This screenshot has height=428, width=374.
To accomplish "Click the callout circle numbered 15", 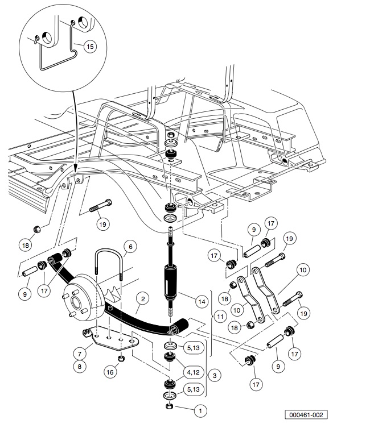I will point(89,47).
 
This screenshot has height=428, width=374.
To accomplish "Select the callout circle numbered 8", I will point(80,367).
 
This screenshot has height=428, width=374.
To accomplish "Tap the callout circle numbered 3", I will point(213,376).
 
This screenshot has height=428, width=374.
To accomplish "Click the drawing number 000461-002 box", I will point(307,415).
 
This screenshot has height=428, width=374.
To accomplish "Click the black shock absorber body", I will point(171,281).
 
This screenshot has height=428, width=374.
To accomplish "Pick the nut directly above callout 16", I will point(120,358).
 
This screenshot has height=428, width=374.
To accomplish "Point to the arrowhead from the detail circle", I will point(76,167).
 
